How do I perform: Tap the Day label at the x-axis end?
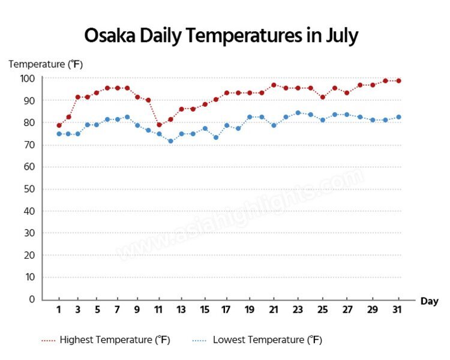(x=429, y=301)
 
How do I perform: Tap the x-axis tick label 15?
(x=205, y=310)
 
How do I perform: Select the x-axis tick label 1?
(x=59, y=310)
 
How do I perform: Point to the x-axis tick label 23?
(x=298, y=310)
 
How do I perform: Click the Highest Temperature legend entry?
(x=106, y=340)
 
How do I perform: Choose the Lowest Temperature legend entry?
(x=260, y=340)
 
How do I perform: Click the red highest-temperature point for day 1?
(x=59, y=125)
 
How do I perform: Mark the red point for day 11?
(x=159, y=125)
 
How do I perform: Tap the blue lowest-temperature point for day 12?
(x=170, y=141)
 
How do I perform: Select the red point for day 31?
(x=398, y=80)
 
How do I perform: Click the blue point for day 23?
(x=298, y=112)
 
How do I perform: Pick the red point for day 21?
(x=274, y=85)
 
